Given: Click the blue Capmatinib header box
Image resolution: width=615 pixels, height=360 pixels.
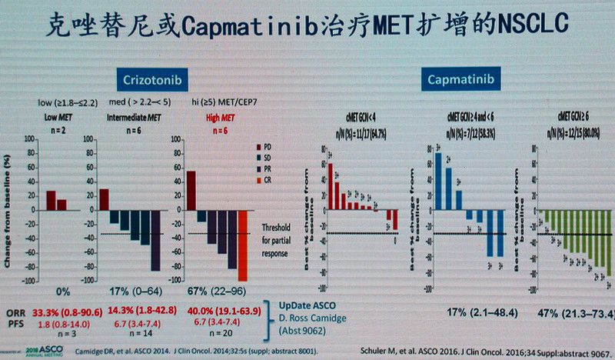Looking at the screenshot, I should [460, 78].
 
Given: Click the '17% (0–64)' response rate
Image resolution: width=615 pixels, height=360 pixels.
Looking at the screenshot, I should [129, 292].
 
